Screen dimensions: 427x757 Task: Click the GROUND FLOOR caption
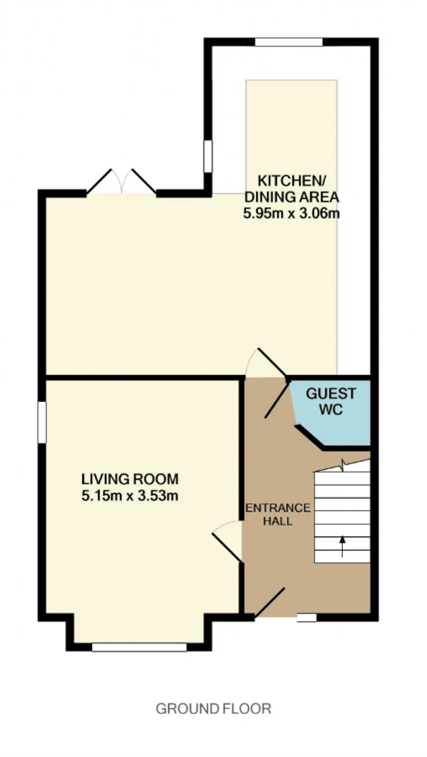pos(213,709)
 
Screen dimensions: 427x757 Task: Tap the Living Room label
pos(130,479)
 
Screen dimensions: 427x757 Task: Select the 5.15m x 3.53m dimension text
pos(130,496)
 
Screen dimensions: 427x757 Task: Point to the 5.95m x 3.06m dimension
pos(292,213)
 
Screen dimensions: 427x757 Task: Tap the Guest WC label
pos(331,401)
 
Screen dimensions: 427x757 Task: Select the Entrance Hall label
pos(278,515)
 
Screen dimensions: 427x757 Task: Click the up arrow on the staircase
pos(342,546)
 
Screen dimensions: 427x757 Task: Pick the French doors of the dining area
pos(121,181)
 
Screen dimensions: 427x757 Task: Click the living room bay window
pos(139,647)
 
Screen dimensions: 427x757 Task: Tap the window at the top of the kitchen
pos(289,42)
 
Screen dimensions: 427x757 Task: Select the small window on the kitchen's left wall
pos(208,157)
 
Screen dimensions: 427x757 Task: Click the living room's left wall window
pos(42,422)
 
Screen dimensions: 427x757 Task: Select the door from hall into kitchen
pos(266,363)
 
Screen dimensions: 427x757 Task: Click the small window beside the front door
pos(307,618)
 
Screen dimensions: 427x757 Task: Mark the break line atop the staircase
pos(342,466)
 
